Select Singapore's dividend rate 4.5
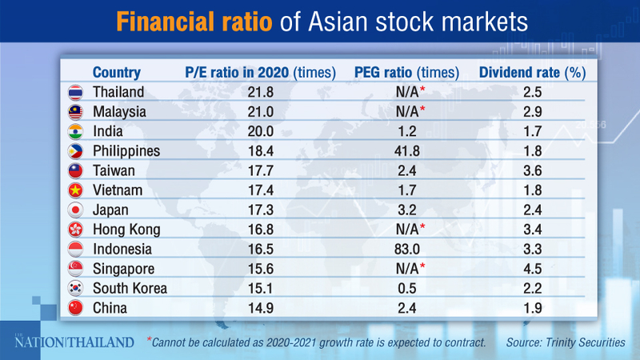532,268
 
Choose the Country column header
117,72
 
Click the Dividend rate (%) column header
532,72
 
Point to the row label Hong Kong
126,230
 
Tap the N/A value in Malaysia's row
404,111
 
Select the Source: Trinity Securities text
566,342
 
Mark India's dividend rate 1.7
532,131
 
